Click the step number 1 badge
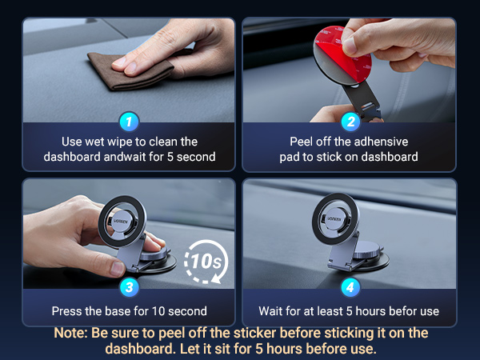(129, 122)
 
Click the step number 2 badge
(350, 122)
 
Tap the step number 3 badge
(129, 287)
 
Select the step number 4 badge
(350, 287)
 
